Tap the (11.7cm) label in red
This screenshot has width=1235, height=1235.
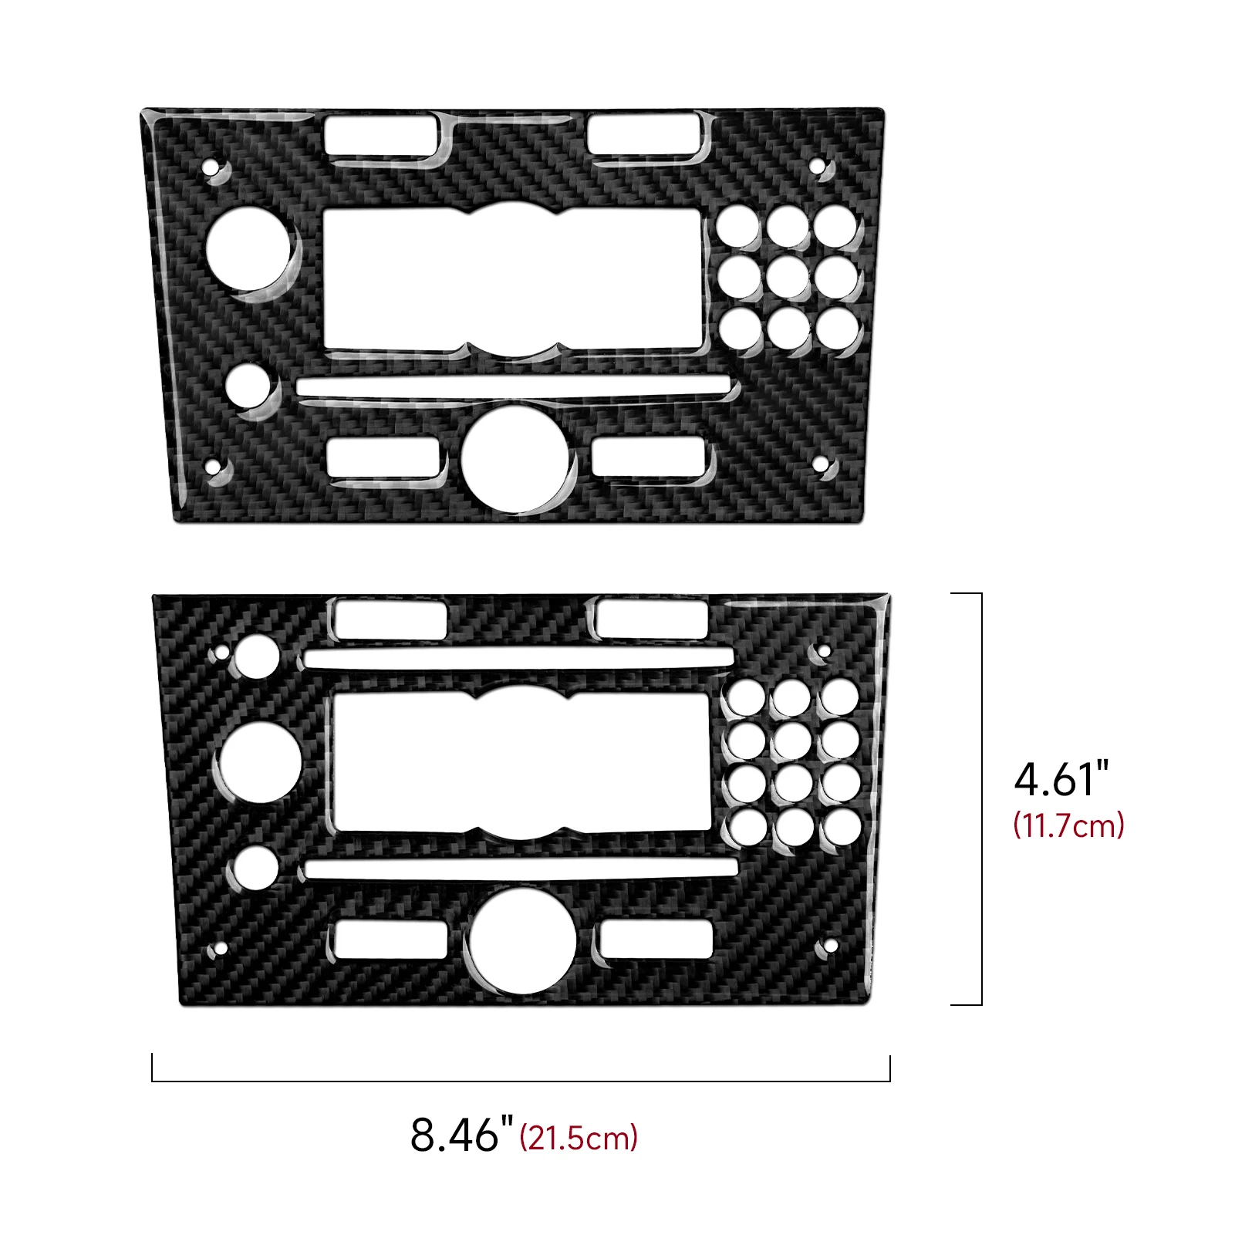1068,826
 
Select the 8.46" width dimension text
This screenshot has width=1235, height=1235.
461,1135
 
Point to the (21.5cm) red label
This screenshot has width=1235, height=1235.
579,1139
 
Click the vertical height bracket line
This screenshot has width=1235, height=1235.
981,798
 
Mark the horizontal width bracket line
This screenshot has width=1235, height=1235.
521,1080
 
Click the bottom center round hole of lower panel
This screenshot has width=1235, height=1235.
523,941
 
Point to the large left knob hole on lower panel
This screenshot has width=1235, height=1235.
261,762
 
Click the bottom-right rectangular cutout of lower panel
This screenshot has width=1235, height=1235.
656,939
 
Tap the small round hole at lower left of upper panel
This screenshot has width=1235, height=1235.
248,386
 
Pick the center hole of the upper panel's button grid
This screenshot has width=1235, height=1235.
788,277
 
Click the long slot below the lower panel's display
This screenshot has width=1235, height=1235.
521,869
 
